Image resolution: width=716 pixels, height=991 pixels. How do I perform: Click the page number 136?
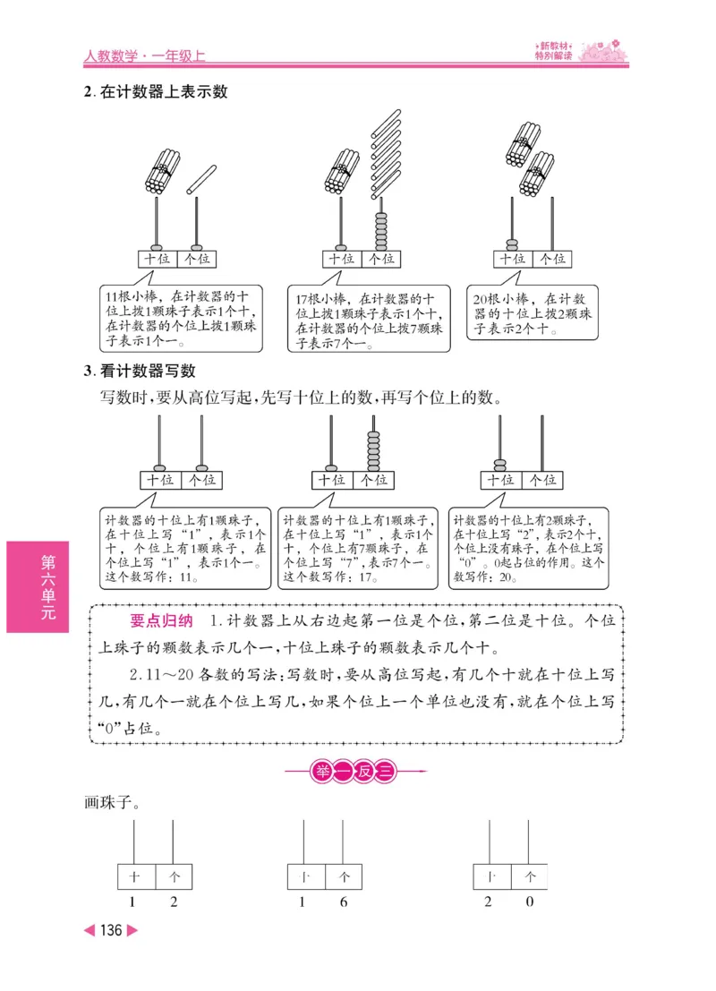coord(111,930)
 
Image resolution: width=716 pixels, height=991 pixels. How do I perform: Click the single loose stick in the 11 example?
coord(202,179)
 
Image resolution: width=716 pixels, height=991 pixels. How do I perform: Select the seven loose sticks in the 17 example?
coord(385,152)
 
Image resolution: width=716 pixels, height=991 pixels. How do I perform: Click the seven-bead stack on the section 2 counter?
coord(381,232)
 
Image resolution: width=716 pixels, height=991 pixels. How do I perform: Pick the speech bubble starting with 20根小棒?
coord(533,312)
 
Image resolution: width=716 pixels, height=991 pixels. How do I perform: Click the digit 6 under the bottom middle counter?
coord(344,901)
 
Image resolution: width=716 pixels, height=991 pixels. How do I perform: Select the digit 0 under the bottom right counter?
coord(530,901)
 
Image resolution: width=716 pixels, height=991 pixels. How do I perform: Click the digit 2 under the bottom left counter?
coord(174,901)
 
